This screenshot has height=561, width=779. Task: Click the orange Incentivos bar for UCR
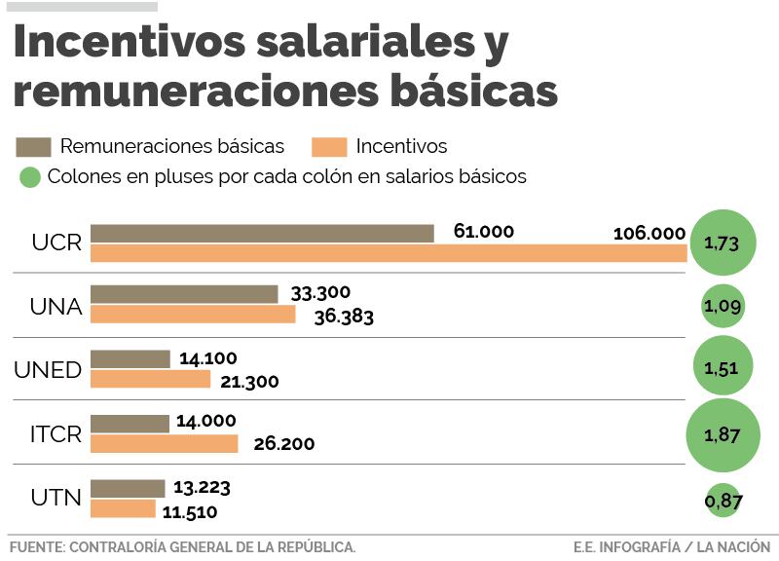389,253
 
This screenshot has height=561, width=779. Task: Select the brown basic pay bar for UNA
184,294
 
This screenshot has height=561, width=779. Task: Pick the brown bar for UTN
128,488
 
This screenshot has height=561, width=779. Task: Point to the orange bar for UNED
150,380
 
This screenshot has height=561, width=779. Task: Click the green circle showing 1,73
723,243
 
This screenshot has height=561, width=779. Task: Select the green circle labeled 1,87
723,434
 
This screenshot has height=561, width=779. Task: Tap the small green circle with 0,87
723,501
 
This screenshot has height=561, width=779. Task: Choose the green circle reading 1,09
723,307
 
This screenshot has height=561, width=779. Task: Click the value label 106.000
649,234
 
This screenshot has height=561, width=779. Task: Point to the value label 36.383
344,317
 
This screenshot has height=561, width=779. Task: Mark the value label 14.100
207,358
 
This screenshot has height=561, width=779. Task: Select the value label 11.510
189,511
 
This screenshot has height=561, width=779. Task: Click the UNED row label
48,370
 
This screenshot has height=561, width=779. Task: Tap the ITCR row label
56,434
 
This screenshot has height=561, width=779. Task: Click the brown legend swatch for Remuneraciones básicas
33,147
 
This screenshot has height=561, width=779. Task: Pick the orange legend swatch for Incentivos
329,147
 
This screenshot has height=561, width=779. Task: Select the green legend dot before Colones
30,176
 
